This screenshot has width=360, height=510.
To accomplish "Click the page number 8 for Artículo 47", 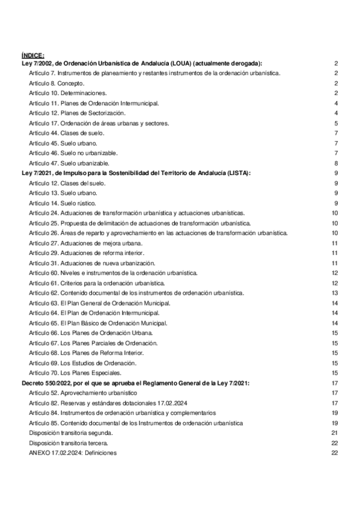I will pos(337,163).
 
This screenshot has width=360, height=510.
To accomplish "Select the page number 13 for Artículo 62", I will pos(336,293).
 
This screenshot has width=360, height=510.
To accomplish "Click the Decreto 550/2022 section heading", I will pos(135,382).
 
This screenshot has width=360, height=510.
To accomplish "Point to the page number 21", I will pos(336,433).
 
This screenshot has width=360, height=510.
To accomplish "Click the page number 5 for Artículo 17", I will pos(337,123).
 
